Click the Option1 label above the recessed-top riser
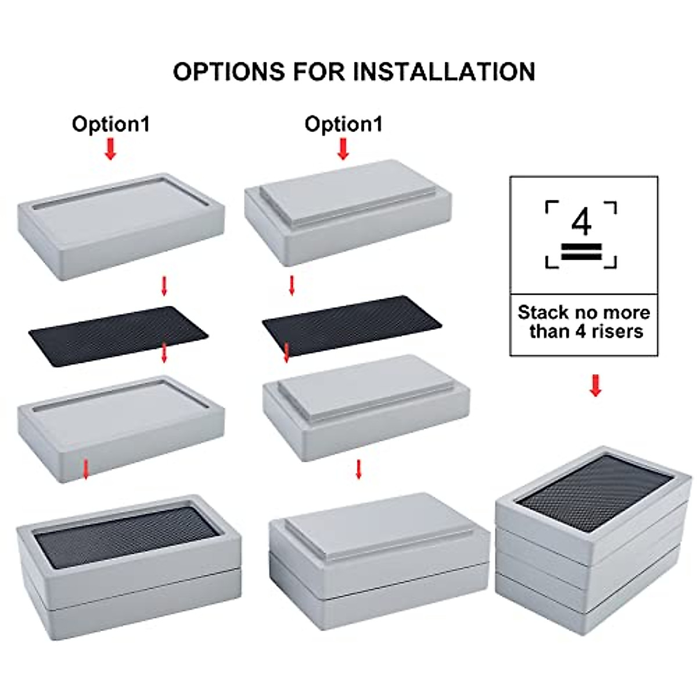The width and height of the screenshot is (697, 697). tap(110, 124)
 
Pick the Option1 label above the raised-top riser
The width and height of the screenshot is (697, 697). tap(343, 124)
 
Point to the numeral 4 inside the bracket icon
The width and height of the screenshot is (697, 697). tap(581, 222)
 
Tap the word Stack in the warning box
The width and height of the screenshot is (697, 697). tap(542, 312)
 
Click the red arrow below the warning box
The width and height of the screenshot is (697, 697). tap(595, 385)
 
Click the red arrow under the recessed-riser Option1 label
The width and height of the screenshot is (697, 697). tap(110, 149)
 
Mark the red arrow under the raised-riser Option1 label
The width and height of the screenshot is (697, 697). tap(343, 149)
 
